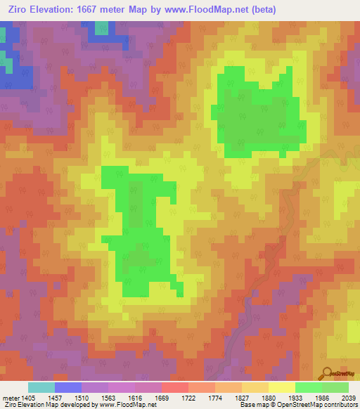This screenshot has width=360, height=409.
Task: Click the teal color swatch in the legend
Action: tap(41, 387)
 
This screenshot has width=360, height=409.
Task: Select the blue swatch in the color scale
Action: tap(68, 387)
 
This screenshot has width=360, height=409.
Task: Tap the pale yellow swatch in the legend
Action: tap(282, 387)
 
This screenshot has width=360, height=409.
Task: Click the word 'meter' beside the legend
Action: tap(11, 398)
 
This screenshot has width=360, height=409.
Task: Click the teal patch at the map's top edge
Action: tap(102, 27)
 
